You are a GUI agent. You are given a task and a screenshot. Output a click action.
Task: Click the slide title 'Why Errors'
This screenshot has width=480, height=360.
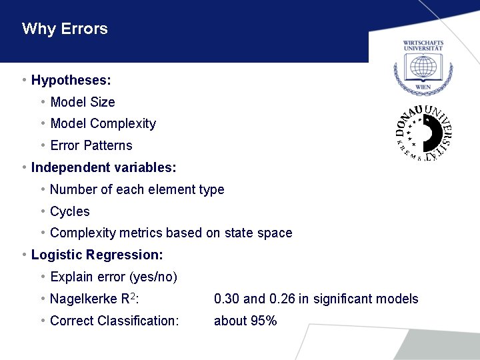65,29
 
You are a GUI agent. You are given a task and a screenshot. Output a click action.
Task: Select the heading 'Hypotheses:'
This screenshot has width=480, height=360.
71,81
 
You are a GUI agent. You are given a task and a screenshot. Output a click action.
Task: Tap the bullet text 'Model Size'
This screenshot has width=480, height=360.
82,102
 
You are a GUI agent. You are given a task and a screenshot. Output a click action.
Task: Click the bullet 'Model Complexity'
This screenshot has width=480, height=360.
103,123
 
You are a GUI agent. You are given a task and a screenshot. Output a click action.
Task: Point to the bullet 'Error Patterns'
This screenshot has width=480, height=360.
91,145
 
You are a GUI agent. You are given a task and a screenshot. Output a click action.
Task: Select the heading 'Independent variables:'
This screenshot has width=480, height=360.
103,167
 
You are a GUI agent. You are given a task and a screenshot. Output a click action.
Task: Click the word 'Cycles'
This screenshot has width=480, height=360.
69,211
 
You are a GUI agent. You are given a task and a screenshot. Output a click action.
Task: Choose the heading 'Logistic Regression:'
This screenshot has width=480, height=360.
97,255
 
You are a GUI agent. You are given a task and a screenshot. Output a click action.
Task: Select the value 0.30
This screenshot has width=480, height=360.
227,299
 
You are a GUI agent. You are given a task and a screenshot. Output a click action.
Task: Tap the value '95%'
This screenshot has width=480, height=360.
263,321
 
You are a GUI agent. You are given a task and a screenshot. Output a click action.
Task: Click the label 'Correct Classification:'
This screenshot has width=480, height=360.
114,321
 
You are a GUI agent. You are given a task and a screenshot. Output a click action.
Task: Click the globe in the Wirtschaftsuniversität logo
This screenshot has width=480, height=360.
423,67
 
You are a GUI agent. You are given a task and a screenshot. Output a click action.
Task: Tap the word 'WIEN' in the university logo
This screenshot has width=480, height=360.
423,87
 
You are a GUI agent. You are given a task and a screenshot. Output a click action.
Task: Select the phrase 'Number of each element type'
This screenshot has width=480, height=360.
137,189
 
